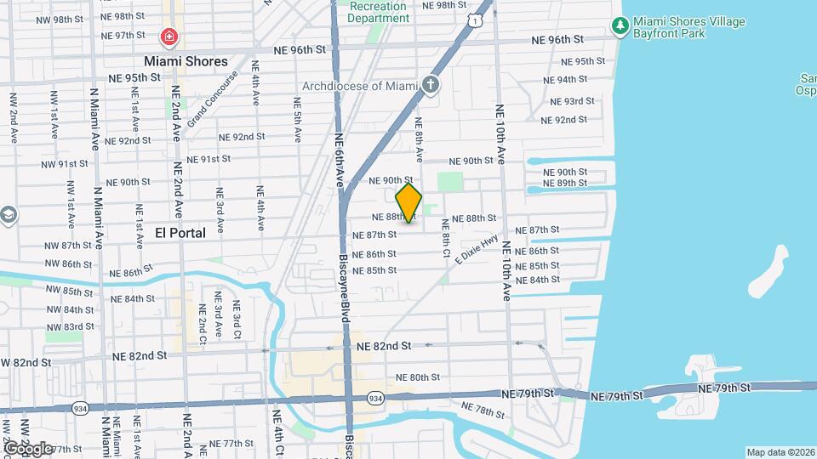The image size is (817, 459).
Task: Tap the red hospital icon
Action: [x=169, y=37]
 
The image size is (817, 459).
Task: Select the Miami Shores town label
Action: [x=186, y=61]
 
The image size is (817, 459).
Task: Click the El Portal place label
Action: [x=180, y=232]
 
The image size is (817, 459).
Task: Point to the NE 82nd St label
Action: [x=384, y=346]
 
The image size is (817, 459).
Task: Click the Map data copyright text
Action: [x=780, y=452]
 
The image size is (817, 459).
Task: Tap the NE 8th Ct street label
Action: [x=444, y=239]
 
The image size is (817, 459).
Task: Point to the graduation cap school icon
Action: [x=8, y=214]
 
